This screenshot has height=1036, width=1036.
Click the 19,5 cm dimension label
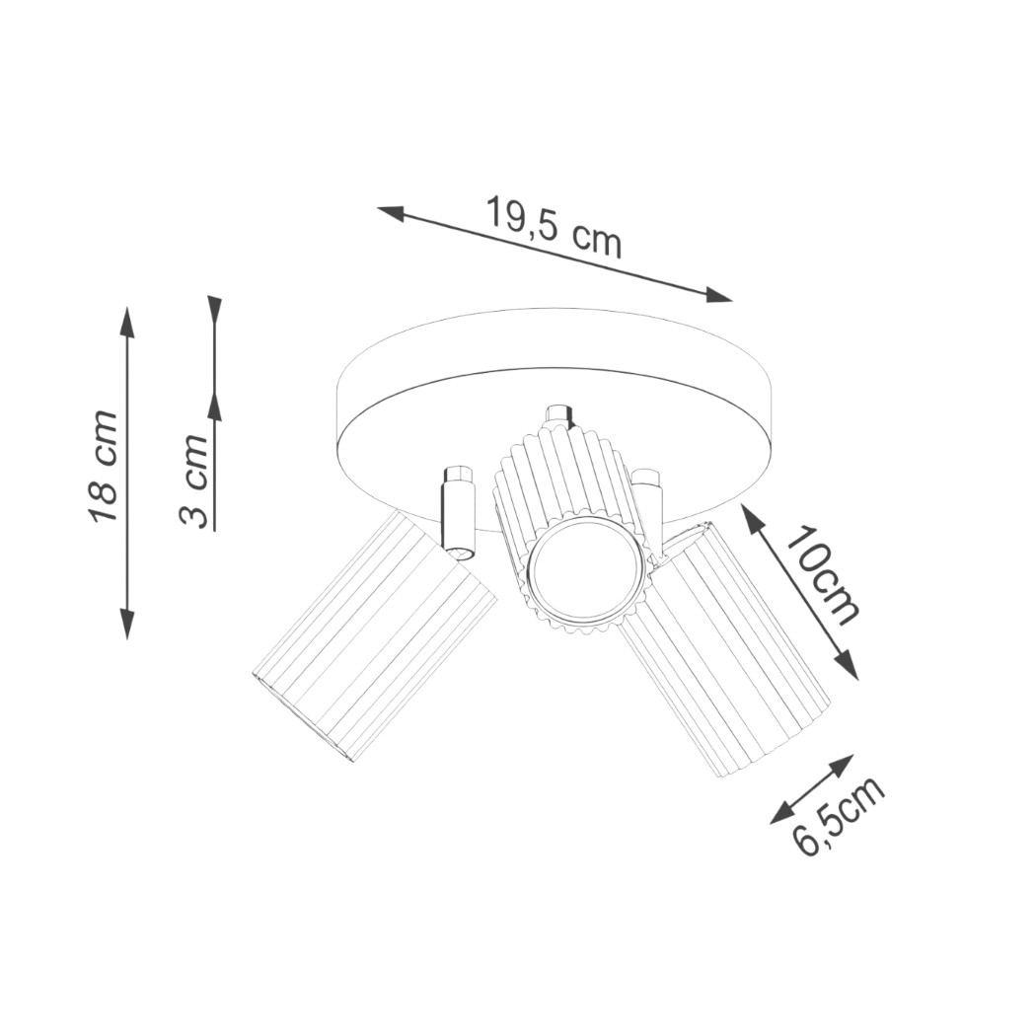coord(554,227)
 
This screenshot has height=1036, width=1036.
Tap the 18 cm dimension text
coord(103,466)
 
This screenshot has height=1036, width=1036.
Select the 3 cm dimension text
coord(194,481)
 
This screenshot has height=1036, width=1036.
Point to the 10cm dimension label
coord(823,577)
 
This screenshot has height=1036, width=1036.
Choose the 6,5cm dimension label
coord(838,817)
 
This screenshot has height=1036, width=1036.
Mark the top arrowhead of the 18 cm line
coord(127,323)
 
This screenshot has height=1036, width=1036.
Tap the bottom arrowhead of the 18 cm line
coord(127,624)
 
